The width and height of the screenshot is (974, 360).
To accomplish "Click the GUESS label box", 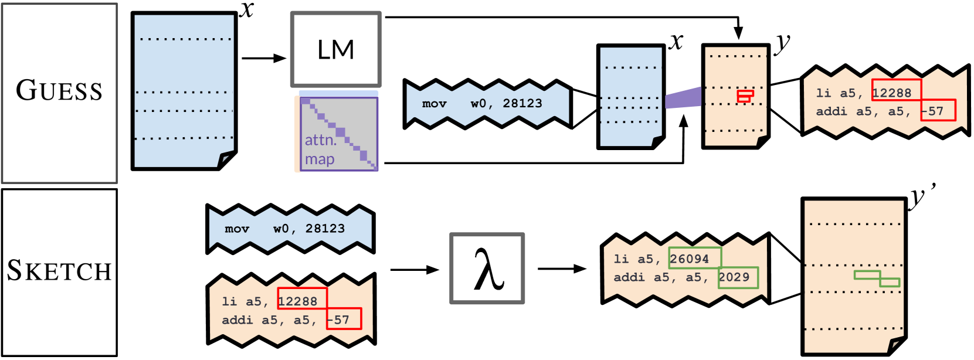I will [59, 93].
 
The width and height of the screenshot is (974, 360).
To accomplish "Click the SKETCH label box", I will [59, 271].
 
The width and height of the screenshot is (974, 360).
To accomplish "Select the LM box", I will [336, 50].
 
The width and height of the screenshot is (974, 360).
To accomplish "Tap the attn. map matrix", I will [338, 134].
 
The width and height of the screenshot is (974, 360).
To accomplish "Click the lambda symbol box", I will [487, 269].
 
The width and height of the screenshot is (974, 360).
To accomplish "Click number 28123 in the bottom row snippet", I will [325, 229].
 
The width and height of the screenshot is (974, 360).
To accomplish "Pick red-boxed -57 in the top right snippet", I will [937, 110].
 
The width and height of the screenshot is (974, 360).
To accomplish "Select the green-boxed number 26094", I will [694, 258].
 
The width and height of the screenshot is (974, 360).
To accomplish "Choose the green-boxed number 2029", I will [738, 277].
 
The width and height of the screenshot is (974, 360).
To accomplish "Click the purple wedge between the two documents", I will [683, 98].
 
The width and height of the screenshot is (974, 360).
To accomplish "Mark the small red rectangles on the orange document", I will [745, 96].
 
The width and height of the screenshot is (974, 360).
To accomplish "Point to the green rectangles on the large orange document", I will [877, 278].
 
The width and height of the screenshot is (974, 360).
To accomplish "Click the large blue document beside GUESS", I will [184, 91].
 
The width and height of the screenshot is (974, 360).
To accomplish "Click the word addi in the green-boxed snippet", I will [629, 277].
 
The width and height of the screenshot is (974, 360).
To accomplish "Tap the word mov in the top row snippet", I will [435, 104].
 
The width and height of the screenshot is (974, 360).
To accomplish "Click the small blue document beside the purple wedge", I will [630, 97].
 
